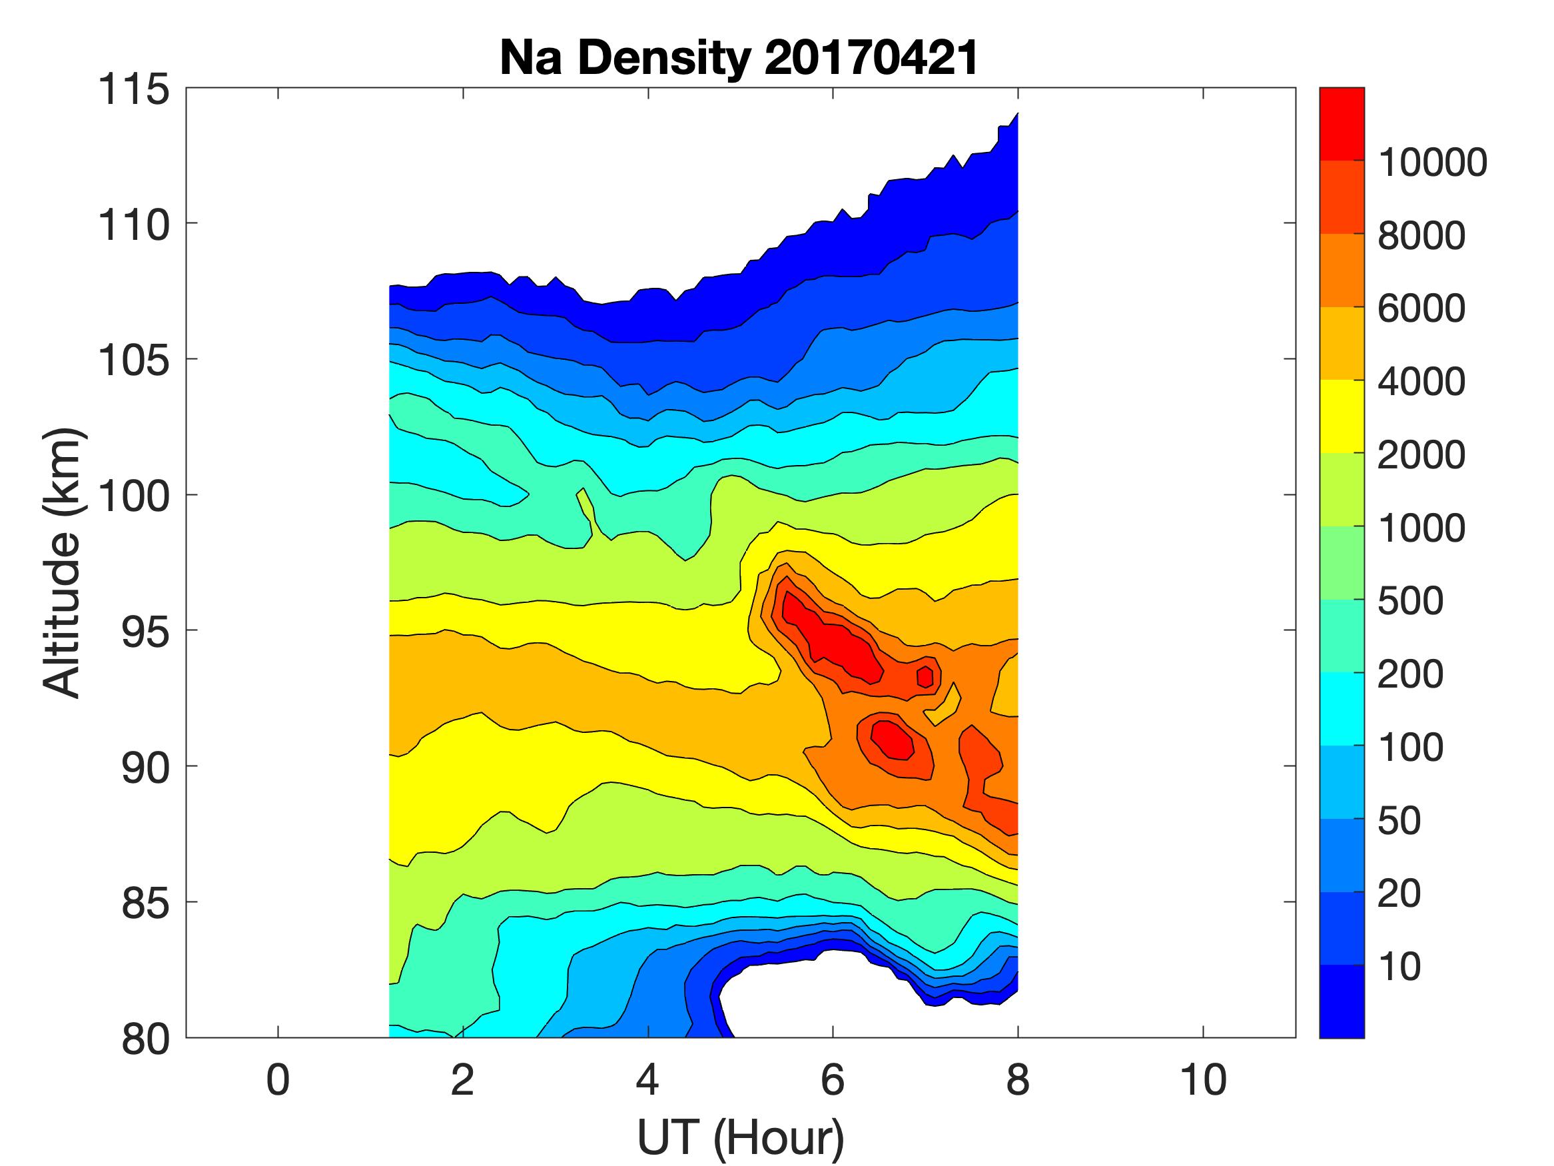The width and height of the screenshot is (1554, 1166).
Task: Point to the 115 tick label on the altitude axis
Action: point(133,90)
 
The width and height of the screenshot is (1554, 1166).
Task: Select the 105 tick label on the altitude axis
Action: point(133,360)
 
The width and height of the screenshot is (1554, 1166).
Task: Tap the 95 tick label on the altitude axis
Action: point(145,632)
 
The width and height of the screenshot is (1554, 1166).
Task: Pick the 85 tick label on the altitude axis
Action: point(145,903)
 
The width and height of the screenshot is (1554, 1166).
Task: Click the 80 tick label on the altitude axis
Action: point(145,1039)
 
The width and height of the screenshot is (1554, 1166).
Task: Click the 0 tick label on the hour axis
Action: point(278,1080)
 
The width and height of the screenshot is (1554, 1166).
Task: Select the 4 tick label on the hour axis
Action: point(647,1080)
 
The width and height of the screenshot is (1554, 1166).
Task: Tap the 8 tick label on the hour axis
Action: point(1018,1080)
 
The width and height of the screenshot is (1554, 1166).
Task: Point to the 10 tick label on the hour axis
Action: point(1203,1080)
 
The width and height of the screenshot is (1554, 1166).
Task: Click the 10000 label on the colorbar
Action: point(1433,163)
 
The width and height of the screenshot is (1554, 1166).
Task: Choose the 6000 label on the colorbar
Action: point(1421,308)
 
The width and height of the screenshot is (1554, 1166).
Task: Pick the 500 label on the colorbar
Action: point(1410,601)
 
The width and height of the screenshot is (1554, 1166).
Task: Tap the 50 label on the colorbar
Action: point(1399,820)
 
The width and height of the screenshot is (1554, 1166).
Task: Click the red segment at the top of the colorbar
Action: point(1341,124)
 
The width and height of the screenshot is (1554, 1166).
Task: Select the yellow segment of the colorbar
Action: point(1341,416)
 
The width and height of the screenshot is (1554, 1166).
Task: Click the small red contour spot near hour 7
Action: point(925,676)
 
